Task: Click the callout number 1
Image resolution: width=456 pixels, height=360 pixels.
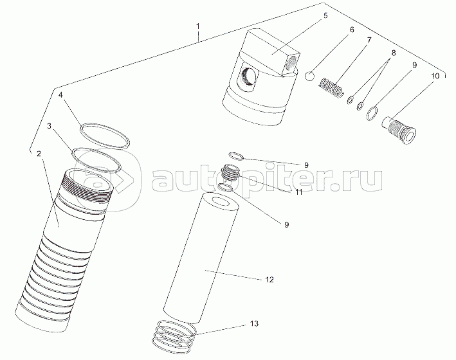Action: pyautogui.click(x=197, y=26)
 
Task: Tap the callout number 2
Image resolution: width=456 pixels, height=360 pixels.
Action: pyautogui.click(x=39, y=154)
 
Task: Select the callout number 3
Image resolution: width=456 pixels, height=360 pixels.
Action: pyautogui.click(x=50, y=125)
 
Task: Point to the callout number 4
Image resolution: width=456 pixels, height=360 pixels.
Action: pyautogui.click(x=60, y=95)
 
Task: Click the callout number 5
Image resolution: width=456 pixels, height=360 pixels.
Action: pyautogui.click(x=325, y=15)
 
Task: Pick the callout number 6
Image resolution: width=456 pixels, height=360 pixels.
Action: pyautogui.click(x=352, y=30)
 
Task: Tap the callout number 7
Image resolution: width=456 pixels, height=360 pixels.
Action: pyautogui.click(x=369, y=40)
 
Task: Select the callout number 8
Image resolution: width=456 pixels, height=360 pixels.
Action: pyautogui.click(x=393, y=53)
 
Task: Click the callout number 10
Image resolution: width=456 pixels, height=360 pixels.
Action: pyautogui.click(x=435, y=76)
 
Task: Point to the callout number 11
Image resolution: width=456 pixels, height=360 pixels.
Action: pyautogui.click(x=299, y=192)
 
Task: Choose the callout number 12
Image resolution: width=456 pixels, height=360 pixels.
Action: pyautogui.click(x=269, y=280)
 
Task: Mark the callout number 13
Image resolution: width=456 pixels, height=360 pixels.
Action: pyautogui.click(x=254, y=323)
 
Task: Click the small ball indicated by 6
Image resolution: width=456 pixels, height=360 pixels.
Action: pyautogui.click(x=310, y=76)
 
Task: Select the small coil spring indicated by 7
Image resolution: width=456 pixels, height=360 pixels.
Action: pyautogui.click(x=332, y=87)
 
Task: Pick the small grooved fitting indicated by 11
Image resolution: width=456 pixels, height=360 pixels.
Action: pyautogui.click(x=231, y=173)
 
